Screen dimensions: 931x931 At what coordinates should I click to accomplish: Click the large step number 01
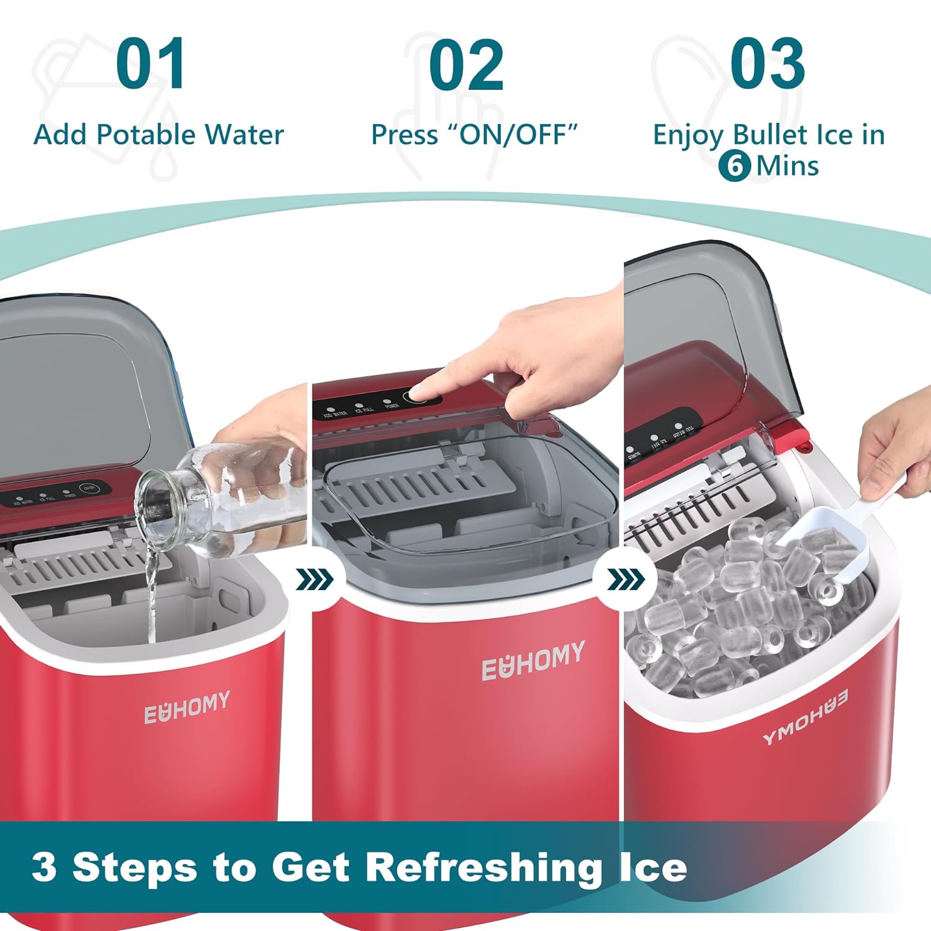pyautogui.click(x=151, y=64)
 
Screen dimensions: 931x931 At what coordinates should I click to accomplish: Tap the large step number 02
pyautogui.click(x=466, y=64)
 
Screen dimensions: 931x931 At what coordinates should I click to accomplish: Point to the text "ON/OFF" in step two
pyautogui.click(x=513, y=134)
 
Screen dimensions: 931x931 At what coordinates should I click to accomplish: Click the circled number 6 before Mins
pyautogui.click(x=735, y=166)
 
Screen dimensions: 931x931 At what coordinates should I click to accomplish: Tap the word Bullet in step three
pyautogui.click(x=770, y=135)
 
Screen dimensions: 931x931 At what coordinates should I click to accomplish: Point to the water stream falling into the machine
pyautogui.click(x=151, y=596)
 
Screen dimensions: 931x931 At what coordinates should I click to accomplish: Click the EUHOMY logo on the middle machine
pyautogui.click(x=533, y=660)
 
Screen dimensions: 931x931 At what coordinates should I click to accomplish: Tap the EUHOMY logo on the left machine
pyautogui.click(x=187, y=707)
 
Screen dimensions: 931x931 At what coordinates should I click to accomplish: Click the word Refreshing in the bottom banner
pyautogui.click(x=484, y=867)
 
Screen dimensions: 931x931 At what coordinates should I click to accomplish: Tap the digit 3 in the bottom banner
pyautogui.click(x=44, y=866)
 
